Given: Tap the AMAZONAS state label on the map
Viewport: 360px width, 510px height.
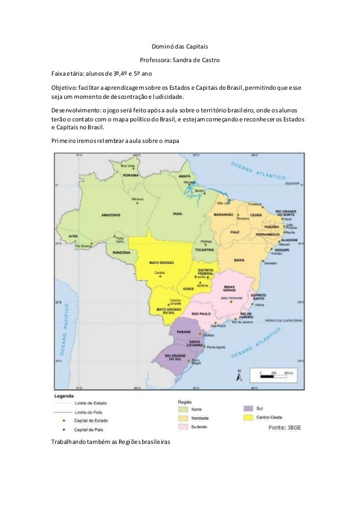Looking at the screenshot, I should tap(111, 215).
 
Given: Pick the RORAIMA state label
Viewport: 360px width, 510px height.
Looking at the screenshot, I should tap(130, 175).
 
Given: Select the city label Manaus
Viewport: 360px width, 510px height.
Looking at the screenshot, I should tap(137, 199).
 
